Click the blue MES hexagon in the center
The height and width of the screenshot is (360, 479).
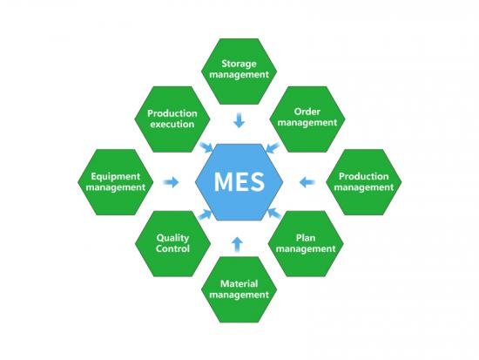(x=239, y=182)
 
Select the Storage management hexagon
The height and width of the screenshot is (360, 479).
(x=239, y=71)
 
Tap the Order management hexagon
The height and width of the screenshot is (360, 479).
(x=307, y=119)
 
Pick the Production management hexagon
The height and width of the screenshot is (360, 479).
(x=364, y=182)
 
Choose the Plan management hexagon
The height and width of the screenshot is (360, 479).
(x=306, y=244)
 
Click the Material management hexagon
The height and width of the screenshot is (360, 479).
(x=239, y=289)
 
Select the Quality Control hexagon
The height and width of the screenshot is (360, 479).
(x=172, y=244)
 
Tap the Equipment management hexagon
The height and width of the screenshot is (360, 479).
(x=116, y=182)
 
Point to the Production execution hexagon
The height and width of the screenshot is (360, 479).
(x=172, y=119)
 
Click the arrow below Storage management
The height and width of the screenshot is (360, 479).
(x=239, y=120)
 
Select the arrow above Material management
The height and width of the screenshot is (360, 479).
(x=237, y=244)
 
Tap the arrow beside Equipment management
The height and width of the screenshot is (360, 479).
(x=171, y=182)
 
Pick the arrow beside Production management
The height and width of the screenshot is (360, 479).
(x=307, y=182)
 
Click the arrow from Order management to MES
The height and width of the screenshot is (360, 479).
(x=273, y=147)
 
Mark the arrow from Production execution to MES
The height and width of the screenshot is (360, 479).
(x=206, y=147)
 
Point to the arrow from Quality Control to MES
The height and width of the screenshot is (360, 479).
(x=205, y=214)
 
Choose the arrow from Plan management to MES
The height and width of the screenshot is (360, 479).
(x=274, y=214)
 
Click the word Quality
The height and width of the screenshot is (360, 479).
(x=172, y=238)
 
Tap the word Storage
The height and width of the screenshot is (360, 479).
(x=239, y=64)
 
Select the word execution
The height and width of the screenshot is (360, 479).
(x=172, y=124)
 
